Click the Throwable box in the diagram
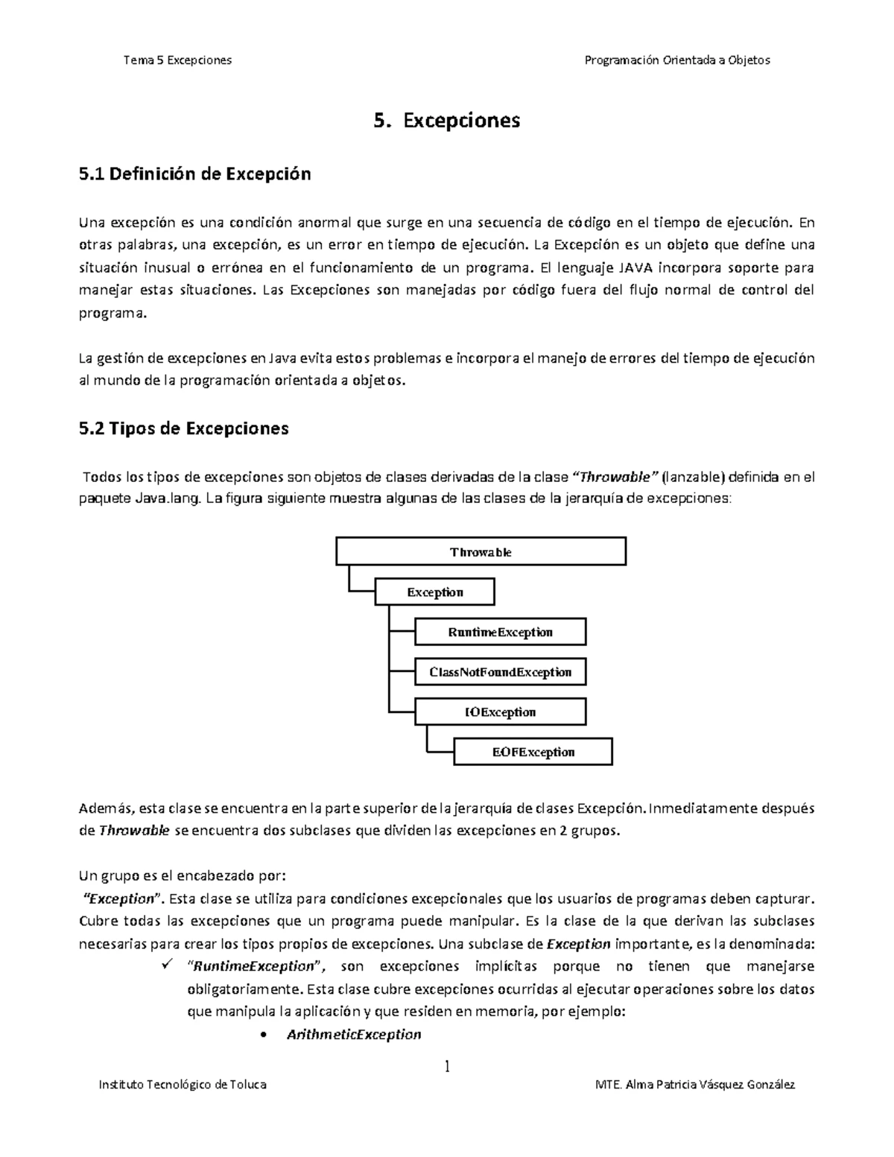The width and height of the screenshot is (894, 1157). pos(481,552)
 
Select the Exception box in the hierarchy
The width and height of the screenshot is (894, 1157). pos(435,592)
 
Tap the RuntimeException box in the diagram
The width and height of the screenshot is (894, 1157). pos(500,633)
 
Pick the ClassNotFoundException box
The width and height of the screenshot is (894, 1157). pos(500,672)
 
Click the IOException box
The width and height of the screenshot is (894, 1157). pos(500,712)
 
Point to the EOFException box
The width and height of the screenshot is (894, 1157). pos(533,752)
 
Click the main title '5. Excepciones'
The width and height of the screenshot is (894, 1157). pos(446,120)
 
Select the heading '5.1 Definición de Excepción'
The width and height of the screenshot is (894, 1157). pos(194,174)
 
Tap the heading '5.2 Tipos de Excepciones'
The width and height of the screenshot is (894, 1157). pos(183,429)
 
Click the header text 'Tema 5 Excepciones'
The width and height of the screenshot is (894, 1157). pos(178,60)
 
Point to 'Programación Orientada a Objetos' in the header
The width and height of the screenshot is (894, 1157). pos(677,60)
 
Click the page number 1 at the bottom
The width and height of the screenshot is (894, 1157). pos(447,1067)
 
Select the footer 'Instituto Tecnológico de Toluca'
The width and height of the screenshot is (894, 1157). pos(183,1085)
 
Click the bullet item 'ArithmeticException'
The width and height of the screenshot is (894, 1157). pos(354,1034)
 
